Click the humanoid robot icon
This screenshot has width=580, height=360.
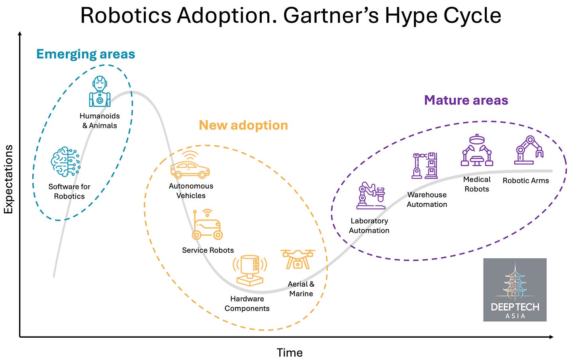(x=100, y=91)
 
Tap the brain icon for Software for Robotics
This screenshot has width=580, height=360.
(x=65, y=162)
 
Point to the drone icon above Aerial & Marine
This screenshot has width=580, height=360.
(x=298, y=260)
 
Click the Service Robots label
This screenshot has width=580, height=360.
(x=208, y=250)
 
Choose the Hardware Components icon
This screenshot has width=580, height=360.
(x=250, y=271)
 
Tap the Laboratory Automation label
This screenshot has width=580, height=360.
(x=369, y=226)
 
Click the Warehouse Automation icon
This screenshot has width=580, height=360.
(x=425, y=165)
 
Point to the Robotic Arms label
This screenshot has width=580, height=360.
(x=525, y=181)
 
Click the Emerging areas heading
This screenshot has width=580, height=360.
(x=86, y=54)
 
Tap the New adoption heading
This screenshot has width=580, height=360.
(x=243, y=125)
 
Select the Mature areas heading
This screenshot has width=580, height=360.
(x=466, y=100)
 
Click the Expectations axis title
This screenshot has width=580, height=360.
(x=9, y=179)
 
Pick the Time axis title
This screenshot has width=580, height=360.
(x=290, y=352)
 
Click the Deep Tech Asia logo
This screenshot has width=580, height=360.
(x=515, y=290)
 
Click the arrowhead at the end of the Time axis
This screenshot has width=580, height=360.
(x=551, y=337)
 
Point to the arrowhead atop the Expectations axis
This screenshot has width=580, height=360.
(x=20, y=34)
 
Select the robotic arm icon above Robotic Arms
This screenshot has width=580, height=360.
(x=528, y=150)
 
